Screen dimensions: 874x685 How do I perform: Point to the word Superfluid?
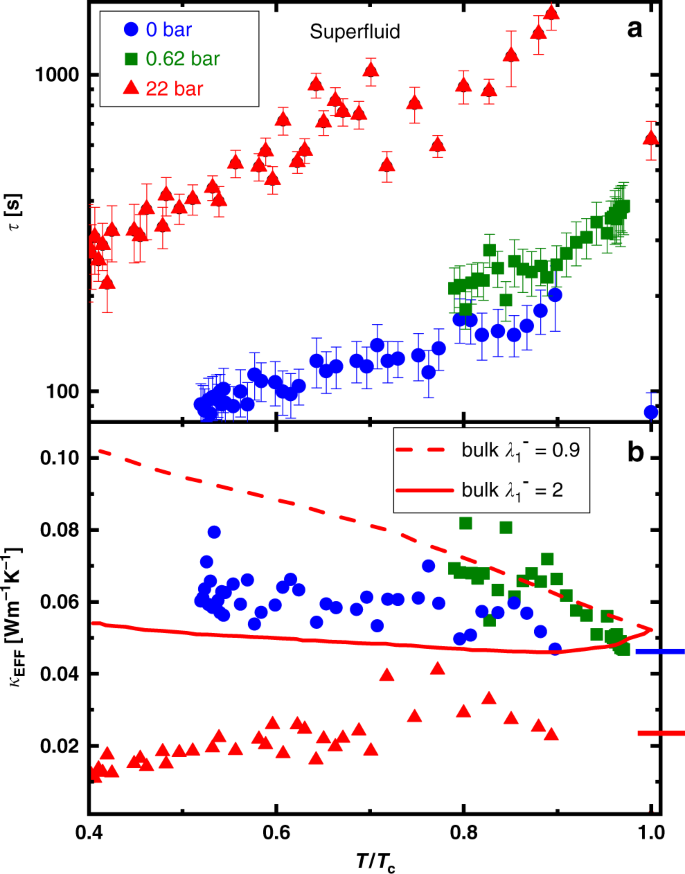click(x=353, y=31)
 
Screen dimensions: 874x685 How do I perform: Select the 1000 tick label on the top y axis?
click(x=58, y=75)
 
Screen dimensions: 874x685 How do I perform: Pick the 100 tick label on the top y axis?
click(x=63, y=391)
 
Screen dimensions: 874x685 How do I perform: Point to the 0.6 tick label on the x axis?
click(x=276, y=832)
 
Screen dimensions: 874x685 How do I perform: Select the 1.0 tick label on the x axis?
click(x=651, y=832)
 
